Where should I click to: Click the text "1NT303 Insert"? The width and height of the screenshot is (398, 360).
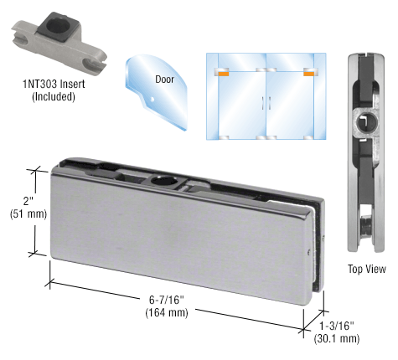[x=53, y=83]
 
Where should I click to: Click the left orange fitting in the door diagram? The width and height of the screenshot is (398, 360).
[x=223, y=72]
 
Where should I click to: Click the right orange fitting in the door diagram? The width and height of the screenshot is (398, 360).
[x=309, y=72]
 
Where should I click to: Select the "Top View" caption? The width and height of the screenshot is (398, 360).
[x=367, y=269]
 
